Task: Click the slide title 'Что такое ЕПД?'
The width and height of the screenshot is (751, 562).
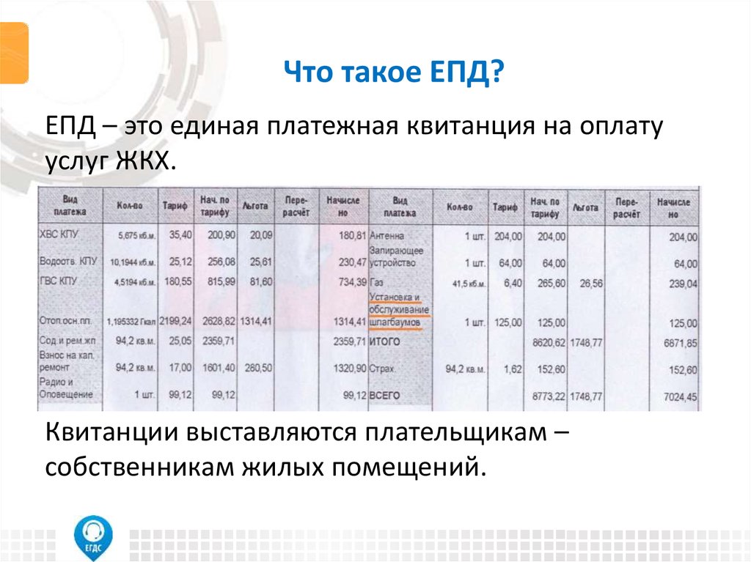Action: [x=394, y=73]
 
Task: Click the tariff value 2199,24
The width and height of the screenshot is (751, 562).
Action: [x=177, y=321]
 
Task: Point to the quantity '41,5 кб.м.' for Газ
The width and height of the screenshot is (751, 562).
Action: [x=465, y=283]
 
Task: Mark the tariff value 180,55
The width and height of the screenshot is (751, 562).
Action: [x=177, y=281]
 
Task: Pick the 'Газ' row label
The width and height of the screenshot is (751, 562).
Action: [x=378, y=283]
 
